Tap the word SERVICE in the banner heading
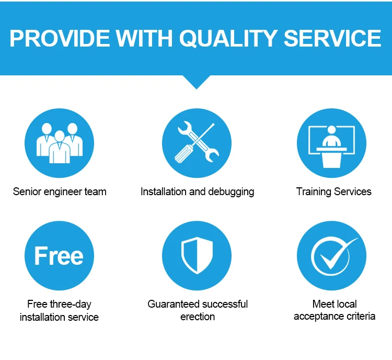pyautogui.click(x=332, y=38)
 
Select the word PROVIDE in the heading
pyautogui.click(x=60, y=38)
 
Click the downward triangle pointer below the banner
pyautogui.click(x=197, y=82)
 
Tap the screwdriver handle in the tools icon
pyautogui.click(x=184, y=154)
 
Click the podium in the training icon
pyautogui.click(x=331, y=157)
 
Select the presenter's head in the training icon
pyautogui.click(x=331, y=130)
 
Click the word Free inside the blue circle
pyautogui.click(x=59, y=255)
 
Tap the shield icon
pyautogui.click(x=197, y=255)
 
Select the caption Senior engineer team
pyautogui.click(x=60, y=192)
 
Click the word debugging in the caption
pyautogui.click(x=231, y=192)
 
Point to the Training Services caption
pyautogui.click(x=334, y=192)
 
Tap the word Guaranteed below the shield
pyautogui.click(x=172, y=304)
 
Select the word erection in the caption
pyautogui.click(x=198, y=317)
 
